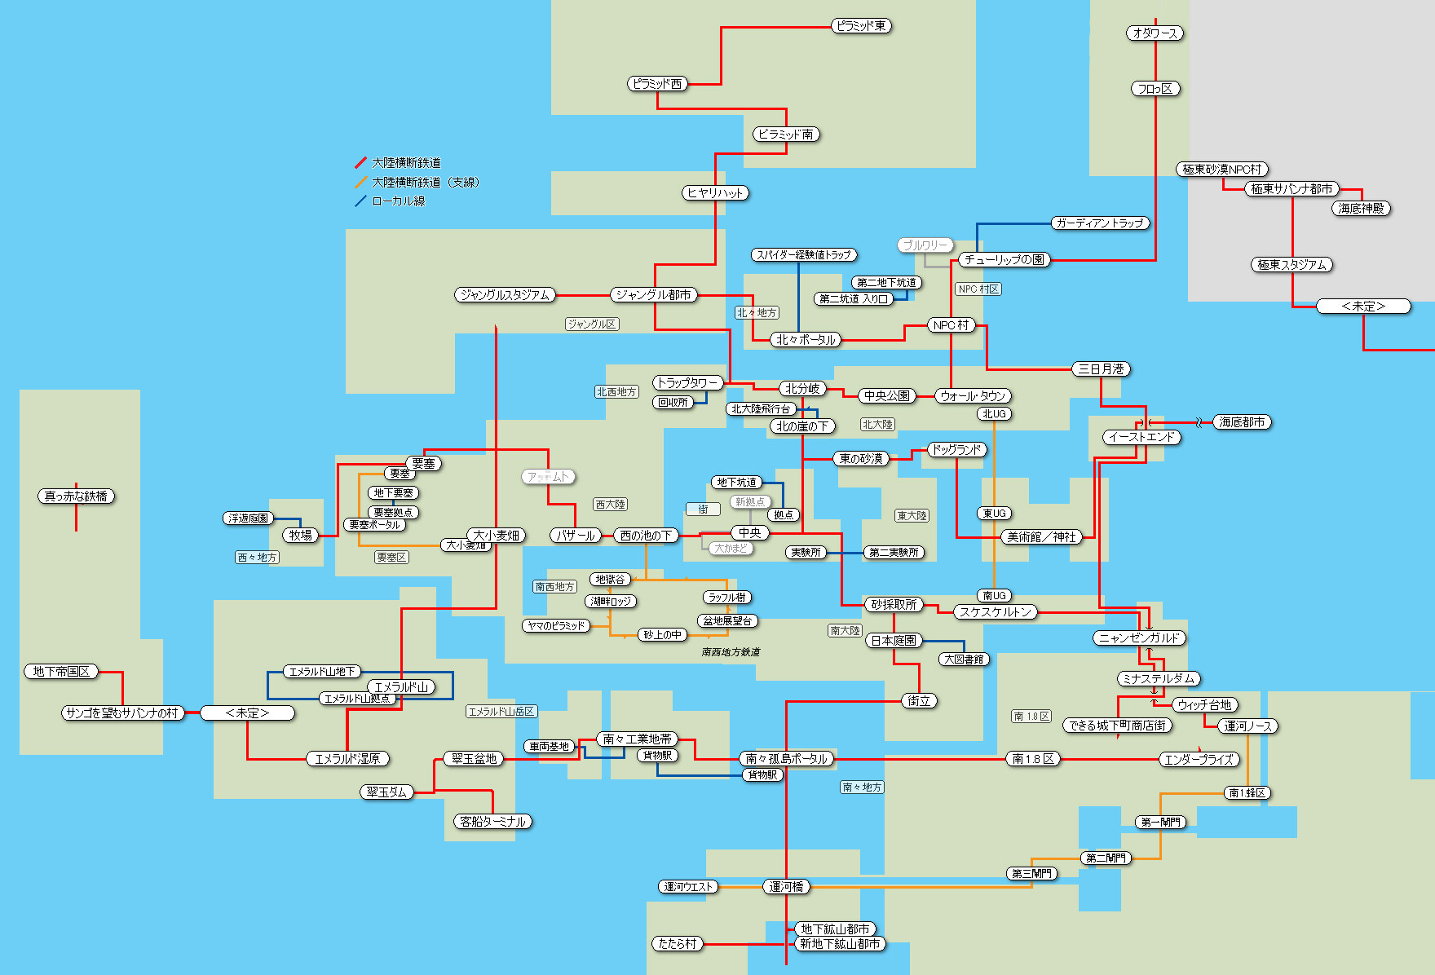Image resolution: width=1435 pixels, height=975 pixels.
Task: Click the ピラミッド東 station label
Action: click(x=861, y=26)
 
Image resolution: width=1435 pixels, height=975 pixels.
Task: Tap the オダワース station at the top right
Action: click(x=1155, y=33)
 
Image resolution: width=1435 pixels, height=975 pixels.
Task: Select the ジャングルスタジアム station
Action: click(x=505, y=295)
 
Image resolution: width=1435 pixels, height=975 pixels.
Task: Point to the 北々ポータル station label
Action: click(x=806, y=340)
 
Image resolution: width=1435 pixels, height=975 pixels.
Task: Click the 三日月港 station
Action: click(x=1101, y=369)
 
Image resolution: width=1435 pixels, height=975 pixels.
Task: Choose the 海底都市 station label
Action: click(x=1242, y=422)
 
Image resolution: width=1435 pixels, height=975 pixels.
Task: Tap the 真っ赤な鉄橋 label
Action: click(x=76, y=496)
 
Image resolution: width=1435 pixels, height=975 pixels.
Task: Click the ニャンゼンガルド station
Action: click(x=1139, y=638)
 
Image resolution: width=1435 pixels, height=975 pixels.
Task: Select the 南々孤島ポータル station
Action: click(x=786, y=759)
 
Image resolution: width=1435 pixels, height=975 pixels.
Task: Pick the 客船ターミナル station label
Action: click(x=492, y=822)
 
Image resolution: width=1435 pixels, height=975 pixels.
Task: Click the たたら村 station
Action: click(x=678, y=944)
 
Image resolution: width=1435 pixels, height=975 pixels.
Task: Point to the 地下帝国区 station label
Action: click(x=61, y=672)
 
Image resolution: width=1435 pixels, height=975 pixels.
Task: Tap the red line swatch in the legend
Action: click(x=360, y=163)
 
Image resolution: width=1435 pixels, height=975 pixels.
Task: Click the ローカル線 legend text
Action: click(x=398, y=201)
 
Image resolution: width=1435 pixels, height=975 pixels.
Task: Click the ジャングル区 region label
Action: click(x=592, y=324)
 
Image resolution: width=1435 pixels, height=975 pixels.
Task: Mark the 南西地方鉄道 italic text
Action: click(x=731, y=652)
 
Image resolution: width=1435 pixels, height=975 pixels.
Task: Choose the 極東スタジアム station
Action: click(x=1291, y=265)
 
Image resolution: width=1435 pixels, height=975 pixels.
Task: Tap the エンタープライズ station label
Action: click(x=1199, y=760)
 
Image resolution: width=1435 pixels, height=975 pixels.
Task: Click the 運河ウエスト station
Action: click(x=689, y=887)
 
